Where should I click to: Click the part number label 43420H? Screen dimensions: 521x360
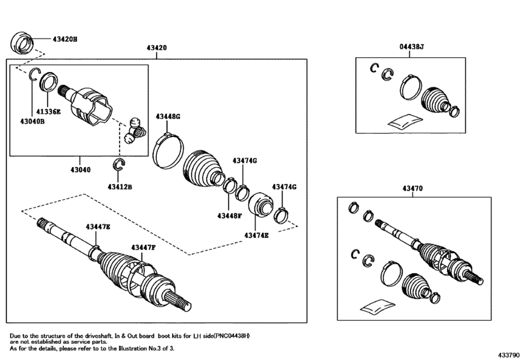pyautogui.click(x=65, y=39)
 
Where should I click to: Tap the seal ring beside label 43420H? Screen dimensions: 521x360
pyautogui.click(x=22, y=42)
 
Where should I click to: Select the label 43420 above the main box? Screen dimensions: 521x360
pyautogui.click(x=157, y=48)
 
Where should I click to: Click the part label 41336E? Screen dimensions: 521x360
pyautogui.click(x=49, y=112)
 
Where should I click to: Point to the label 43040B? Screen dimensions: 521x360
pyautogui.click(x=32, y=122)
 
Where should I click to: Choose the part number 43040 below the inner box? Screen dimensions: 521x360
pyautogui.click(x=80, y=170)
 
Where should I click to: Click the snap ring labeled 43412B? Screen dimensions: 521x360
pyautogui.click(x=119, y=164)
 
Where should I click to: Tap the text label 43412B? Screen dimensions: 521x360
pyautogui.click(x=119, y=187)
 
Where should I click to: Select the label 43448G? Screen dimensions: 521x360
pyautogui.click(x=168, y=116)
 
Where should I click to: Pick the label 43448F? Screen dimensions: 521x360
pyautogui.click(x=229, y=216)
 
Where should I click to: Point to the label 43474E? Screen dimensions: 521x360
pyautogui.click(x=256, y=235)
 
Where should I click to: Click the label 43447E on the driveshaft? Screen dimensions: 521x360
pyautogui.click(x=98, y=227)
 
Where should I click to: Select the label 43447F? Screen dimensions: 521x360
pyautogui.click(x=143, y=248)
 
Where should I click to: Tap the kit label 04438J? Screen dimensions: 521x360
pyautogui.click(x=411, y=47)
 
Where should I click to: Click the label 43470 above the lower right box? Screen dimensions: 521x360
pyautogui.click(x=412, y=188)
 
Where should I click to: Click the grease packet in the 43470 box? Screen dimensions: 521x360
pyautogui.click(x=378, y=306)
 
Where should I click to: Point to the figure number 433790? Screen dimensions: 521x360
pyautogui.click(x=508, y=355)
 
